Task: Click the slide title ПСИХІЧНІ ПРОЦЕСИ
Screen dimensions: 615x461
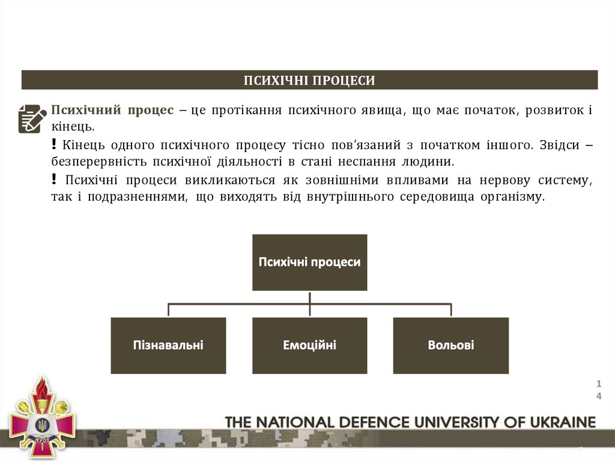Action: (x=309, y=81)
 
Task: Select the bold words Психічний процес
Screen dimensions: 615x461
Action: (x=112, y=111)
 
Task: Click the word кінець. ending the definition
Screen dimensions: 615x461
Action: (x=72, y=127)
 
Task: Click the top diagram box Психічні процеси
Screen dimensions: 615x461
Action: (x=309, y=262)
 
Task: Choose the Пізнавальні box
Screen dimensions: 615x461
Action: (x=168, y=345)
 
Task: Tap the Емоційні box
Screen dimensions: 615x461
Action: (x=309, y=345)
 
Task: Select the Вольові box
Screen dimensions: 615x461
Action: (x=450, y=345)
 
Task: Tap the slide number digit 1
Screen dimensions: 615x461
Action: (x=599, y=383)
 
